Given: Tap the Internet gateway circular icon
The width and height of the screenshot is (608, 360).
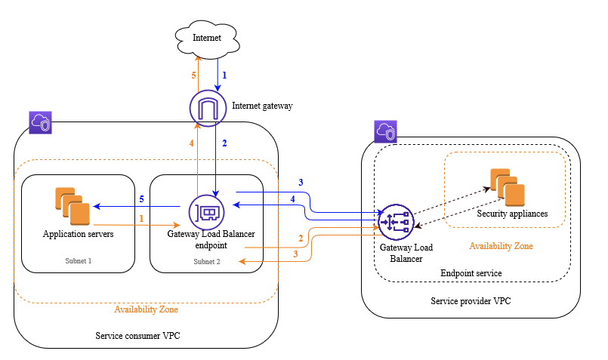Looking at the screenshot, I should pyautogui.click(x=207, y=106).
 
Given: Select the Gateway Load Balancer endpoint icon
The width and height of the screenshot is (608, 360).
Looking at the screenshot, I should pyautogui.click(x=207, y=211).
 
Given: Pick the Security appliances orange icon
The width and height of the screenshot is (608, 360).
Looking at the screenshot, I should pyautogui.click(x=507, y=188).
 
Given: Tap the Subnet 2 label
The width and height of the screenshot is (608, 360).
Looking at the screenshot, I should pyautogui.click(x=206, y=262).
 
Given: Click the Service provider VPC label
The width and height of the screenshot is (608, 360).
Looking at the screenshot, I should pyautogui.click(x=471, y=300).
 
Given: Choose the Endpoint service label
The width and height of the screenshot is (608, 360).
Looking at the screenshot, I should pyautogui.click(x=471, y=272).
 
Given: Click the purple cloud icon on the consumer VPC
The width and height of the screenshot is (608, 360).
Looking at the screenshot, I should pyautogui.click(x=40, y=123).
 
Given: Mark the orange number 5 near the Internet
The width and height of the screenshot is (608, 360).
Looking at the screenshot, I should pyautogui.click(x=193, y=75).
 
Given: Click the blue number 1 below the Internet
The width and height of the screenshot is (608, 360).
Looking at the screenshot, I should pyautogui.click(x=224, y=75).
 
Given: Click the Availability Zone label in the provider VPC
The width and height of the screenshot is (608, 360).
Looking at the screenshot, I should pyautogui.click(x=501, y=246).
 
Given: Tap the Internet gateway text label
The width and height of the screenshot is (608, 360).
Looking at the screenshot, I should pyautogui.click(x=262, y=106).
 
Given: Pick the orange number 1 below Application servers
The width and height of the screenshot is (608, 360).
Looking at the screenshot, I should pyautogui.click(x=140, y=218).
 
